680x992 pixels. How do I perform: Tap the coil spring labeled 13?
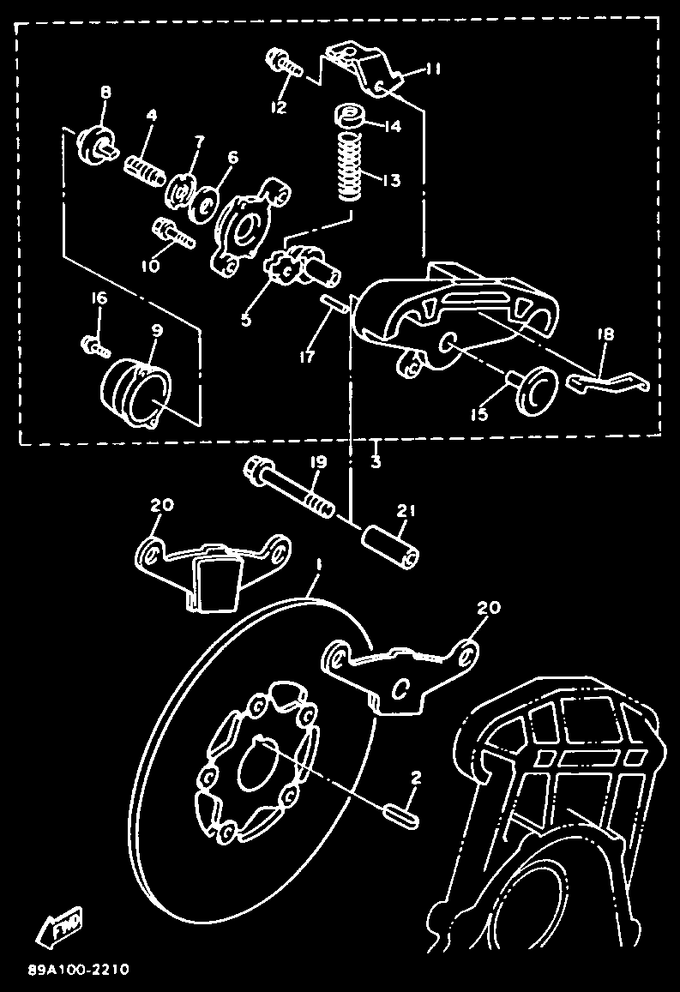(350, 167)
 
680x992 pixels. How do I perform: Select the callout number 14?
(393, 126)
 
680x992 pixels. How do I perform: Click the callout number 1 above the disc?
(319, 567)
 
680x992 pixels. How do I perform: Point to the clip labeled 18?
(611, 380)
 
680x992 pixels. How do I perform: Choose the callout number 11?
(433, 69)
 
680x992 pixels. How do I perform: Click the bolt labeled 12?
(283, 63)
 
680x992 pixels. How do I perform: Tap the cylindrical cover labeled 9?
(136, 392)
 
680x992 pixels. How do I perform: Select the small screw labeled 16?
(92, 346)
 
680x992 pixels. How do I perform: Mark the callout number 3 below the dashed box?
(376, 460)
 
